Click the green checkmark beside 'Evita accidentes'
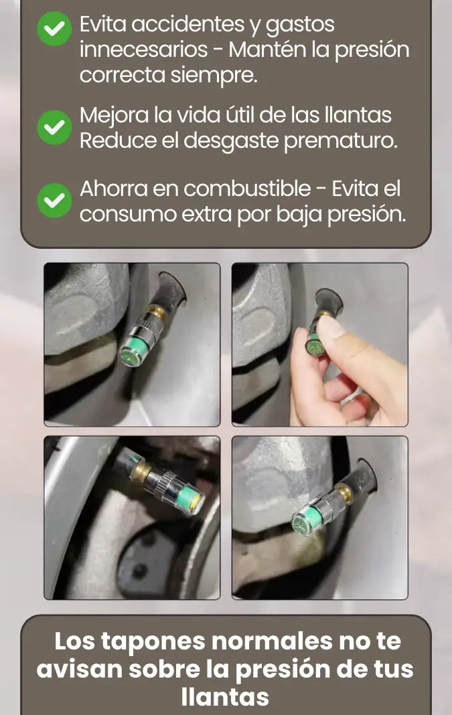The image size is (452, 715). [54, 28]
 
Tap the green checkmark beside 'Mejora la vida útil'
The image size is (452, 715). [54, 127]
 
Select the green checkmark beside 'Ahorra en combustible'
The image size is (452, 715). [54, 200]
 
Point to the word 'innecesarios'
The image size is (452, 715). [143, 49]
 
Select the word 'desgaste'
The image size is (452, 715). [231, 141]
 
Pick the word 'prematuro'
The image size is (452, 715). [341, 141]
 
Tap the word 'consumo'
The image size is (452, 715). [128, 214]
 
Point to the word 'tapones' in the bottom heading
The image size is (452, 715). [153, 642]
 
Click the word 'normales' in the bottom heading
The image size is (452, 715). [273, 641]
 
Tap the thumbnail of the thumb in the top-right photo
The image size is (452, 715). [331, 328]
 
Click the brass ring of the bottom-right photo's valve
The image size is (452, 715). [346, 493]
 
